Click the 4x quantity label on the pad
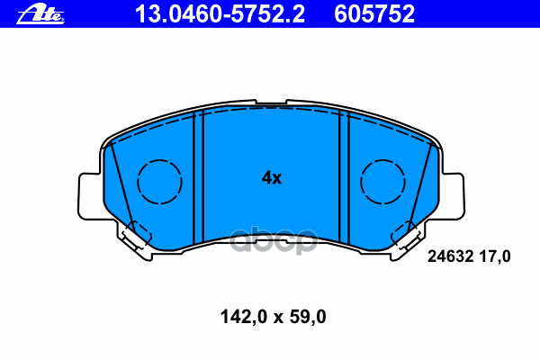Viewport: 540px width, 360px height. click(271, 178)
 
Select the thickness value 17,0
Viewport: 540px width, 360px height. click(495, 256)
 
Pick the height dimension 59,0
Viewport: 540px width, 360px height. click(306, 316)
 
